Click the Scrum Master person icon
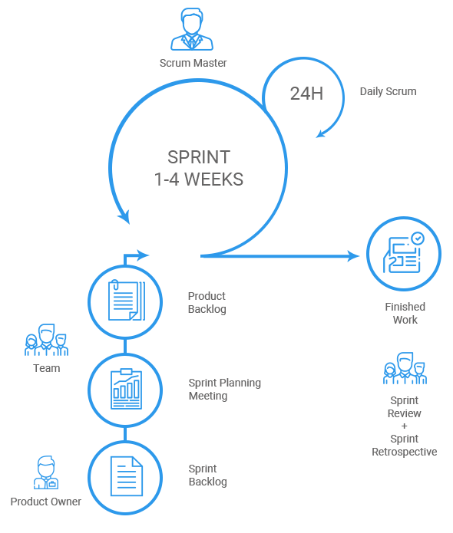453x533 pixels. click(x=192, y=30)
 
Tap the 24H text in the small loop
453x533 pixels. click(x=306, y=94)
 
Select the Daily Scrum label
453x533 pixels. click(x=388, y=91)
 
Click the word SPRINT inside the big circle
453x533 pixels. click(x=199, y=157)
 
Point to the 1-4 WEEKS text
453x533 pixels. click(x=199, y=179)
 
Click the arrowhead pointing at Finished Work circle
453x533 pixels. click(x=353, y=256)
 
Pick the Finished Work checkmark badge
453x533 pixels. click(x=418, y=239)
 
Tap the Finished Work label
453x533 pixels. click(x=405, y=313)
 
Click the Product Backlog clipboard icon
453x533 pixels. click(x=127, y=301)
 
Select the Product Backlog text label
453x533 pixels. click(x=207, y=302)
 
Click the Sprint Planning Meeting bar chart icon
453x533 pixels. click(x=126, y=389)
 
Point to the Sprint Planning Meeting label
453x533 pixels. click(x=225, y=390)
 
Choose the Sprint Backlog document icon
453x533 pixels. click(x=127, y=476)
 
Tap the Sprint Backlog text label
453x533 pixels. click(x=207, y=475)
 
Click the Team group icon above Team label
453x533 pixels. click(x=46, y=340)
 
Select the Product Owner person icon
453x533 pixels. click(x=46, y=472)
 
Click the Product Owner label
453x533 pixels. click(x=45, y=502)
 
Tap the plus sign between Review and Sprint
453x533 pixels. click(x=405, y=426)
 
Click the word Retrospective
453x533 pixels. click(x=405, y=452)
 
